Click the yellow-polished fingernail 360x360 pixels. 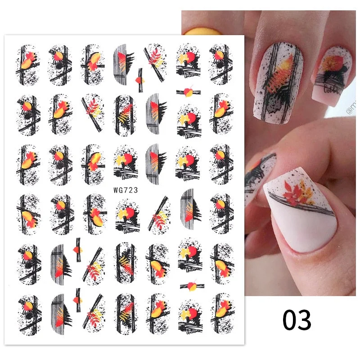pyautogui.click(x=198, y=31)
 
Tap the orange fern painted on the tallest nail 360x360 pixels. pyautogui.click(x=277, y=72)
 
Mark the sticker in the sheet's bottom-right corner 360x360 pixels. pyautogui.click(x=221, y=312)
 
